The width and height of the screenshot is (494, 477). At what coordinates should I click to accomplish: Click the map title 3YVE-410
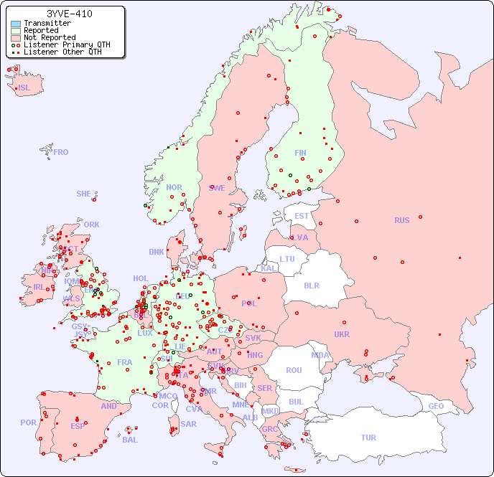pos(69,14)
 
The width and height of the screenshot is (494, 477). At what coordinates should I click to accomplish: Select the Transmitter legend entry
pos(47,24)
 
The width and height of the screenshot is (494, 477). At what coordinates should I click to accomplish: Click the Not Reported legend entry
pos(50,37)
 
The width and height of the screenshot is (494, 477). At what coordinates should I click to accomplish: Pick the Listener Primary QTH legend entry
pos(67,44)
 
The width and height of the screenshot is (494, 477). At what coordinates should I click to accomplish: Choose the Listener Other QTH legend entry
pos(65,52)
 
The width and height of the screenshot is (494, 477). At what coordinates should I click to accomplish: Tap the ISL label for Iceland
pos(24,88)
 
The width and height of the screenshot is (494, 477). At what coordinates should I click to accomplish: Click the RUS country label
pos(401,220)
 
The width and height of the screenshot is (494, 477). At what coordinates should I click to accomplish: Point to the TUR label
pos(368,438)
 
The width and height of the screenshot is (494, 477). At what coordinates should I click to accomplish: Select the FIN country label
pos(300,153)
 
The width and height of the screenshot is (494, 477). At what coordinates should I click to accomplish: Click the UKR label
pos(342,334)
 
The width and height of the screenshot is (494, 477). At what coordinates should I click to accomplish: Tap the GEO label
pos(436,406)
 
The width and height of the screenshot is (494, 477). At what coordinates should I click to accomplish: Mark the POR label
pos(28,422)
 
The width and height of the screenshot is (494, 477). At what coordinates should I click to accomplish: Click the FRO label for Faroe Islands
pos(61,152)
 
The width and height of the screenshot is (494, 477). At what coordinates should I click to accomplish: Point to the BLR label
pos(311,285)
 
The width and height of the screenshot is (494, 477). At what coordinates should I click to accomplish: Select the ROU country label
pos(294,370)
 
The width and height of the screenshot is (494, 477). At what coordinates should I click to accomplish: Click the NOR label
pos(174,187)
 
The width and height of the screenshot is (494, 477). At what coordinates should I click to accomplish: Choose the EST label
pos(302,216)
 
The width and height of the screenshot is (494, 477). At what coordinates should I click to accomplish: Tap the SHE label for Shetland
pos(84,194)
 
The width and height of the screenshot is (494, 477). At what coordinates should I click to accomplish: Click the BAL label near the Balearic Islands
pos(130,440)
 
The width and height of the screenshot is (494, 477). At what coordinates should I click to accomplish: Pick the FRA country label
pos(125,362)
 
